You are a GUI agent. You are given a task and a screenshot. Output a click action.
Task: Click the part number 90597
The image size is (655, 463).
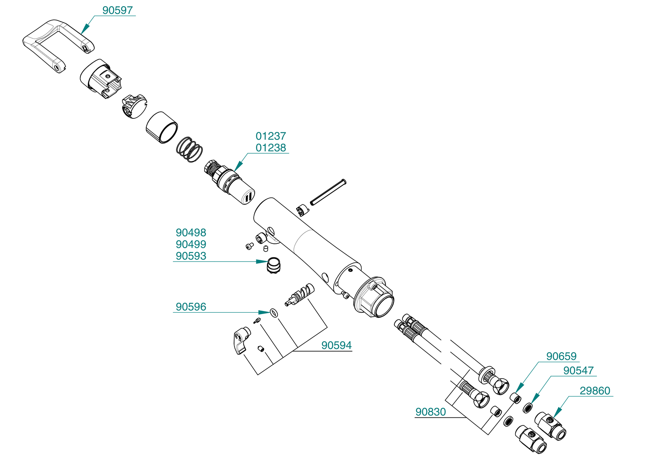click(117, 10)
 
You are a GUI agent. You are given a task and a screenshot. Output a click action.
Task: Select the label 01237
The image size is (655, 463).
click(271, 136)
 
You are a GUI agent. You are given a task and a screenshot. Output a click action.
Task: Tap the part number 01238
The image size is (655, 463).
click(271, 148)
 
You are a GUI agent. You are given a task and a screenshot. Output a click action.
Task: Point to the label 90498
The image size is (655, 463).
click(191, 232)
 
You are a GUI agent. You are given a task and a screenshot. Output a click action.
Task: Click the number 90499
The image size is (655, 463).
click(191, 244)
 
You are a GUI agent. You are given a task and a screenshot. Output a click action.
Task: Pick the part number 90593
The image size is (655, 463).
click(191, 256)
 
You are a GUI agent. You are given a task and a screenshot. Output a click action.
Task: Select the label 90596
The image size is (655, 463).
click(191, 307)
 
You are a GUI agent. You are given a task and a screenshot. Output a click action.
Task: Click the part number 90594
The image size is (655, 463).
click(337, 346)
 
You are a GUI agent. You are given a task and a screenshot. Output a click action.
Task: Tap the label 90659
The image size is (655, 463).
click(562, 356)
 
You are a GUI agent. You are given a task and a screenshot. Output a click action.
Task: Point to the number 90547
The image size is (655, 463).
click(579, 370)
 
